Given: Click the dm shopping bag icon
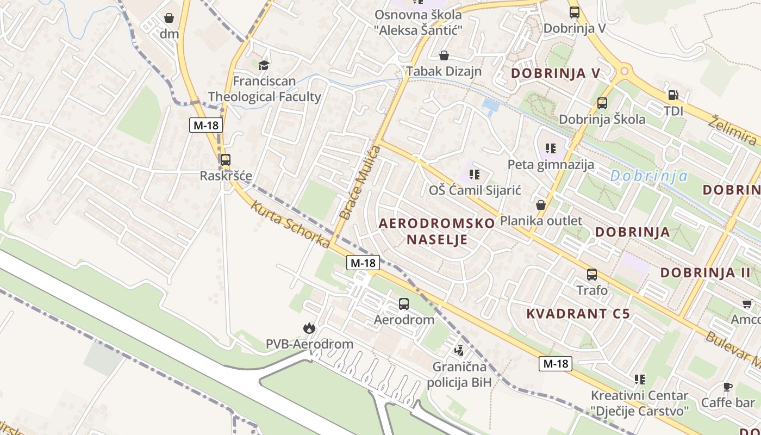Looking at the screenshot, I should coord(169,18).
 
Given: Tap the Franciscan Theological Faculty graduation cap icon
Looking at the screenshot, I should coord(264,65).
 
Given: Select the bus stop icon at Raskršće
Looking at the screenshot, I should coord(225,160).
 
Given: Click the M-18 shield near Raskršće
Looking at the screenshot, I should coord(206,125).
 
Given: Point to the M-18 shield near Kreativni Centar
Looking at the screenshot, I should coord(556,364).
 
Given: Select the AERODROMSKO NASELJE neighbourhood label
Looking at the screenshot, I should coord(437,231).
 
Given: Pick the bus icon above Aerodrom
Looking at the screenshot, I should coord(404,304).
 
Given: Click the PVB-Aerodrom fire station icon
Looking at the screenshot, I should coord(309,328).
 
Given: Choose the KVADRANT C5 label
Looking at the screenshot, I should coord(578,314).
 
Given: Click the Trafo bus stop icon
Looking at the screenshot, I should coord(592,275).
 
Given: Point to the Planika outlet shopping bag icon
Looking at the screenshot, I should coord(541,205).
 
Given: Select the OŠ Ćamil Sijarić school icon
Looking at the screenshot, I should coord(475,175).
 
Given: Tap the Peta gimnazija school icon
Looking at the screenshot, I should coord(551,148).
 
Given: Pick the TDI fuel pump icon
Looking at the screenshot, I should coord(673,95).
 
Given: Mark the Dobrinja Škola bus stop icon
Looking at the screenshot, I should coord(602,103).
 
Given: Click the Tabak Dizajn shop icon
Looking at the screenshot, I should coord(444,55).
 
